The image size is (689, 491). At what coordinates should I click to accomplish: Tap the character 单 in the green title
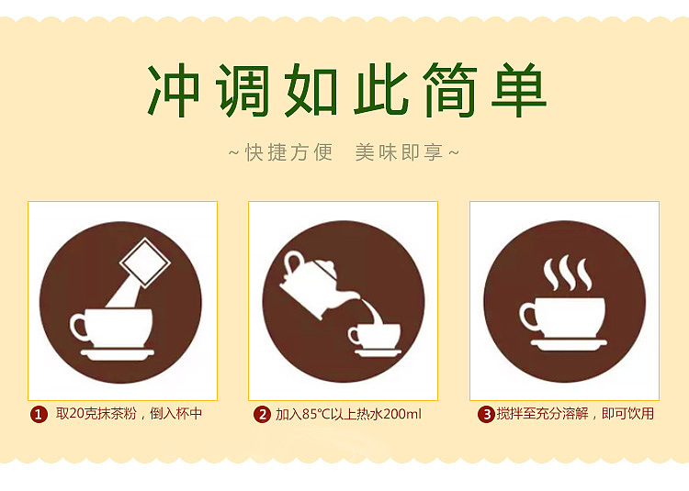pyautogui.click(x=515, y=90)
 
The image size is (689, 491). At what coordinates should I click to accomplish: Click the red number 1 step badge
pyautogui.click(x=39, y=415)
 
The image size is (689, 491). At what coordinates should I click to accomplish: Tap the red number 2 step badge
pyautogui.click(x=262, y=415)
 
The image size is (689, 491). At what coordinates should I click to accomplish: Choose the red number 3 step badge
pyautogui.click(x=485, y=415)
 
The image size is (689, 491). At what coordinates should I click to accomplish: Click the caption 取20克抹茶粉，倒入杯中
pyautogui.click(x=129, y=415)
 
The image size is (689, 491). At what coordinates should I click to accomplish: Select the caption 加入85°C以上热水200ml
pyautogui.click(x=348, y=415)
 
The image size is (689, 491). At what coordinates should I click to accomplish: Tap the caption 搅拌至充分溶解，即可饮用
pyautogui.click(x=575, y=415)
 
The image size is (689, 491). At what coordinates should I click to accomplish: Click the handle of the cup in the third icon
pyautogui.click(x=530, y=318)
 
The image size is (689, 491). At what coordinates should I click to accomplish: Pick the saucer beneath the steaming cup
pyautogui.click(x=569, y=345)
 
